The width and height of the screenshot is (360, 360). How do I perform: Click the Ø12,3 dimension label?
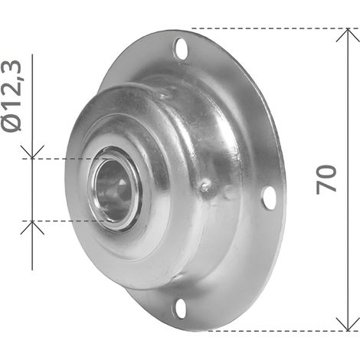pos(11,96)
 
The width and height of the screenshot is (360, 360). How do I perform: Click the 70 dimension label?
pos(326,180)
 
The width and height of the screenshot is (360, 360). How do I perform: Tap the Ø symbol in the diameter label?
pos(11,122)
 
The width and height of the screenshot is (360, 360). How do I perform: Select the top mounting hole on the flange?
pos(180,48)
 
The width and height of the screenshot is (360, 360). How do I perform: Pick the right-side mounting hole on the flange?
pos(270,198)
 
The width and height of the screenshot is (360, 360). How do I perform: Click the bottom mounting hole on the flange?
pos(180,309)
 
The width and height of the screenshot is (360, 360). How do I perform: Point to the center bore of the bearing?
pos(113,190)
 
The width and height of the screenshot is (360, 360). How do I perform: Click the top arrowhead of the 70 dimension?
pos(348,35)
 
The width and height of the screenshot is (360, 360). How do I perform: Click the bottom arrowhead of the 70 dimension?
pos(348,324)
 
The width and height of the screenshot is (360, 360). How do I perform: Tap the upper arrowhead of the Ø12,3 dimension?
pos(32,152)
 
